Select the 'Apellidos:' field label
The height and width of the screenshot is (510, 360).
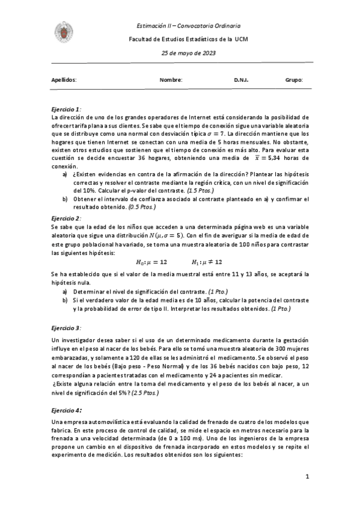64,79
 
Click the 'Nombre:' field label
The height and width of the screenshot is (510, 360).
171,79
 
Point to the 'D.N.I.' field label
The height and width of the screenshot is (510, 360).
241,79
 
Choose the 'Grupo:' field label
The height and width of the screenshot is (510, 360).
294,79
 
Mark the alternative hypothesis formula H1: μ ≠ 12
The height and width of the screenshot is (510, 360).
207,262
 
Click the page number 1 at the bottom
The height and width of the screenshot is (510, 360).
307,477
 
